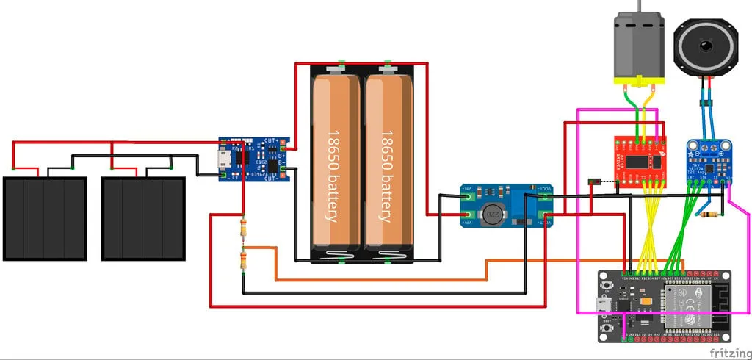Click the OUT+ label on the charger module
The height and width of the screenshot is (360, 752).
[272, 140]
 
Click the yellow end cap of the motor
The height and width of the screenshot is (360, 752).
[637, 80]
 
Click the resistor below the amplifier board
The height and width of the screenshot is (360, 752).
[709, 215]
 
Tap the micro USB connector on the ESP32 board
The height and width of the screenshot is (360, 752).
[604, 305]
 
